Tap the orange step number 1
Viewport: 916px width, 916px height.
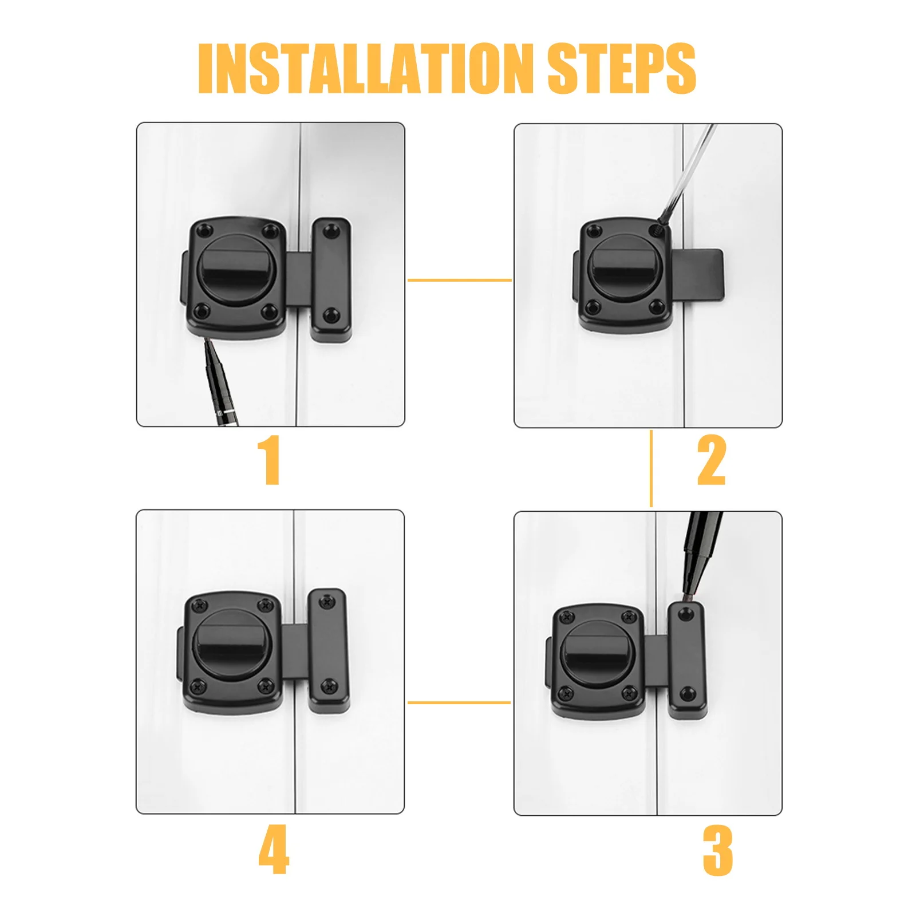click(270, 460)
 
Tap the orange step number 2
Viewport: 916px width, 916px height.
click(712, 460)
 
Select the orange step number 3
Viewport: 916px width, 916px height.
click(717, 850)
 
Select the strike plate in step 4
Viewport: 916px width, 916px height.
click(327, 651)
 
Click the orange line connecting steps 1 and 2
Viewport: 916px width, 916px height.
click(459, 280)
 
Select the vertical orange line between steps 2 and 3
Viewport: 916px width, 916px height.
click(651, 468)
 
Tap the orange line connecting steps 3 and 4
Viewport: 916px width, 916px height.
click(459, 702)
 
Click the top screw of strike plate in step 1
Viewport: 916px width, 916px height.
click(329, 231)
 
